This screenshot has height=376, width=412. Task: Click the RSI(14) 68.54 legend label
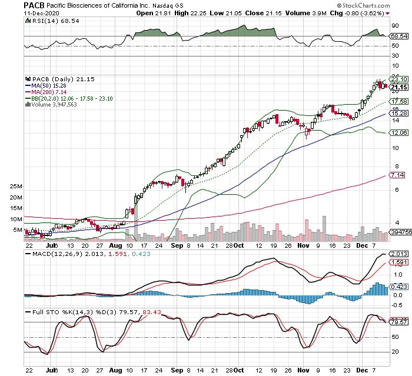[x=49, y=21]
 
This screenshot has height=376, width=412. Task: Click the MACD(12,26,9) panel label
[x=54, y=254]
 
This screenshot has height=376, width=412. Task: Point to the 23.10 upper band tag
[x=399, y=79]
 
